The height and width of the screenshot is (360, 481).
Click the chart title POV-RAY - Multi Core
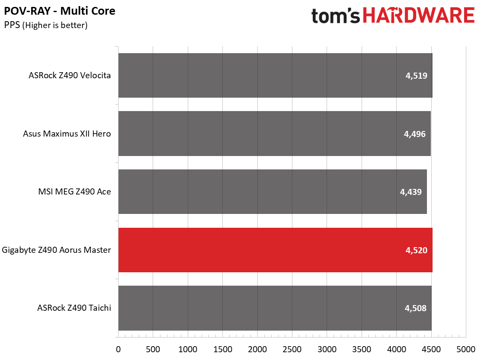(x=60, y=11)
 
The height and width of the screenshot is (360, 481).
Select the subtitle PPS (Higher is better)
(x=46, y=25)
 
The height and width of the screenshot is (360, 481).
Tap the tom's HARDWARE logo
(x=393, y=16)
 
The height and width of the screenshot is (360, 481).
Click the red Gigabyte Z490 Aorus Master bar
(x=275, y=250)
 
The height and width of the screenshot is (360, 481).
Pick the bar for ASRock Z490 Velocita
(x=275, y=75)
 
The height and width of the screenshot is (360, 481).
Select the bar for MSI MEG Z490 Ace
(x=273, y=192)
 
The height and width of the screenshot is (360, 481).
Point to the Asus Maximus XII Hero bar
(x=275, y=134)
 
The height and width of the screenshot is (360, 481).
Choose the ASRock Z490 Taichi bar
(x=275, y=308)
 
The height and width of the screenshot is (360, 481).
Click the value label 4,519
(x=416, y=76)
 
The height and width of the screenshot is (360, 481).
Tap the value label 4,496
(x=414, y=134)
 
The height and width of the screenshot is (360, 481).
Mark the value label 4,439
(x=411, y=192)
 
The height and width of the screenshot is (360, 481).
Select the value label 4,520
(x=416, y=250)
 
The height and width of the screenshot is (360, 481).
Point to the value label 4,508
(x=415, y=308)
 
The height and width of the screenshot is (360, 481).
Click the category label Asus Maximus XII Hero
(x=67, y=134)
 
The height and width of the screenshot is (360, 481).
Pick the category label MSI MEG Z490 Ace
(x=74, y=191)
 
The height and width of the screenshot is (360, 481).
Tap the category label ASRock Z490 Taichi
(x=74, y=308)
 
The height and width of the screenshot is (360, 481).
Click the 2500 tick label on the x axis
(x=292, y=349)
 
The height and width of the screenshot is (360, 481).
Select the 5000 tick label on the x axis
(x=466, y=349)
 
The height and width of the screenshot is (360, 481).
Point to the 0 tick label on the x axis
(x=119, y=349)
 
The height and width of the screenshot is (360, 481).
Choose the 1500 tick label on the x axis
(x=223, y=349)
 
